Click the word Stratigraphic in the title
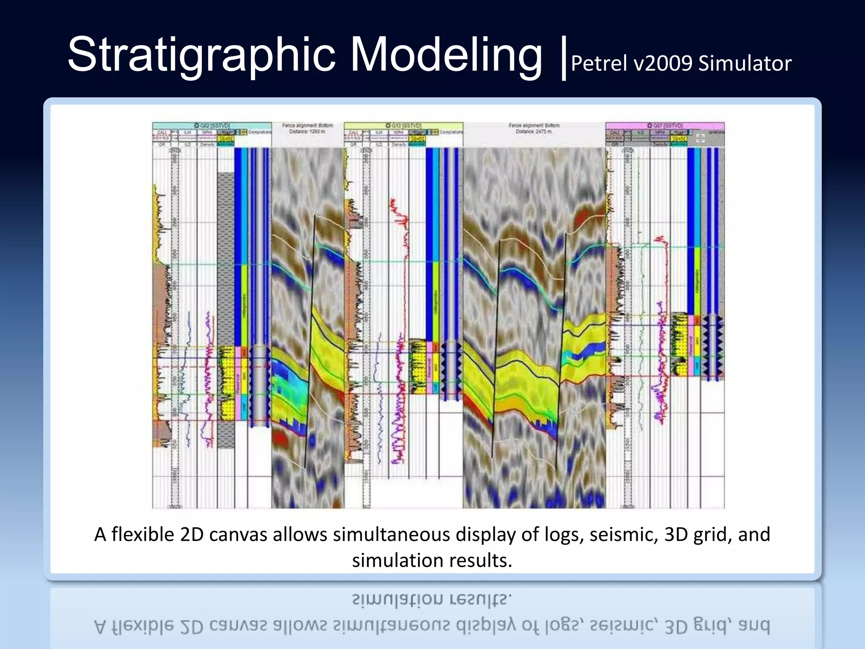pos(201,55)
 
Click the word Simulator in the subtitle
pos(745,64)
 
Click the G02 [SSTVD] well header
pos(212,125)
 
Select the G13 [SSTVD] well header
pos(403,125)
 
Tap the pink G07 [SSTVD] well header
pos(665,125)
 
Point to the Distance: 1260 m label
pos(307,131)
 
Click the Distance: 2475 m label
pos(534,131)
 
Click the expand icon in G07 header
pos(700,138)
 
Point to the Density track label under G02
pos(207,145)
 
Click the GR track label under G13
pos(354,145)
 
